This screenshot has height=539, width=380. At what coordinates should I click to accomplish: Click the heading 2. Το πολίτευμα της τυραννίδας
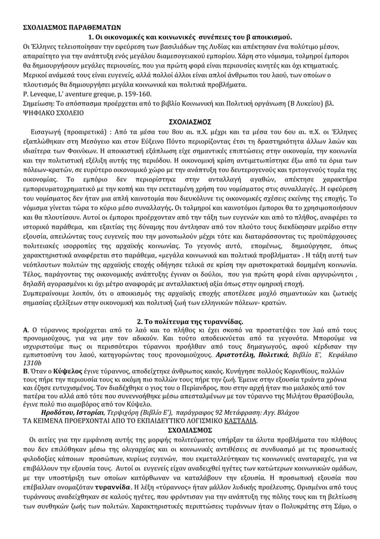click(x=189, y=321)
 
